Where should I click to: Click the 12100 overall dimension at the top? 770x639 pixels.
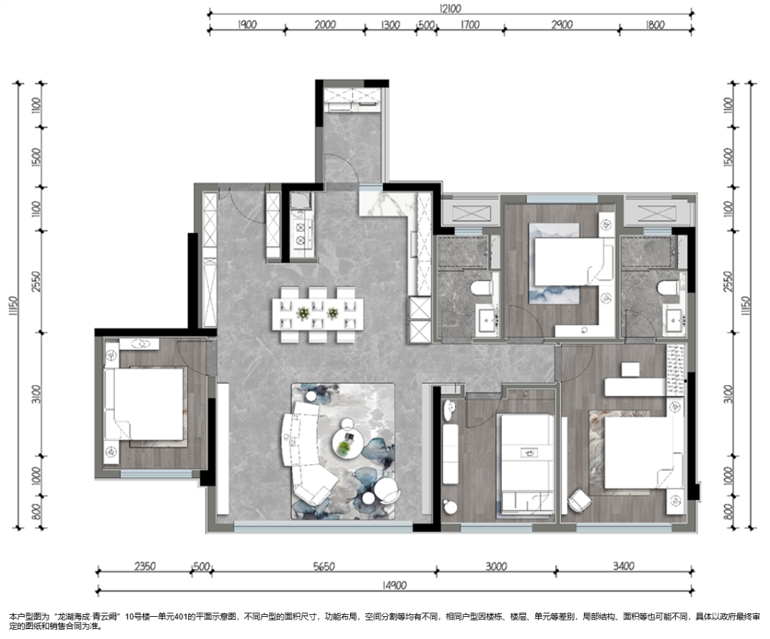click(x=450, y=9)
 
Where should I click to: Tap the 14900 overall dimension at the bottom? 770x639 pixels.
click(x=394, y=585)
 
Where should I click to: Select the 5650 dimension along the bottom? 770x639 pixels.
click(x=324, y=566)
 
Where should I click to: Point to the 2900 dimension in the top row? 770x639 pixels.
click(x=562, y=24)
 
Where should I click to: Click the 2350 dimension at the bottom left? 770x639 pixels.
click(x=145, y=566)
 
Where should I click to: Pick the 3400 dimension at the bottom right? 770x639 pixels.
click(x=624, y=566)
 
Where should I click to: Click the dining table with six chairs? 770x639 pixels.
click(x=318, y=315)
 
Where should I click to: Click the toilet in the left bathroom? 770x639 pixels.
click(x=482, y=287)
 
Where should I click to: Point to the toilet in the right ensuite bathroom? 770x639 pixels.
click(x=669, y=287)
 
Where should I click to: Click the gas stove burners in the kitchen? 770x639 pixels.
click(x=299, y=232)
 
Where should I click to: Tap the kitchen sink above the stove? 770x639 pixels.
click(x=299, y=201)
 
